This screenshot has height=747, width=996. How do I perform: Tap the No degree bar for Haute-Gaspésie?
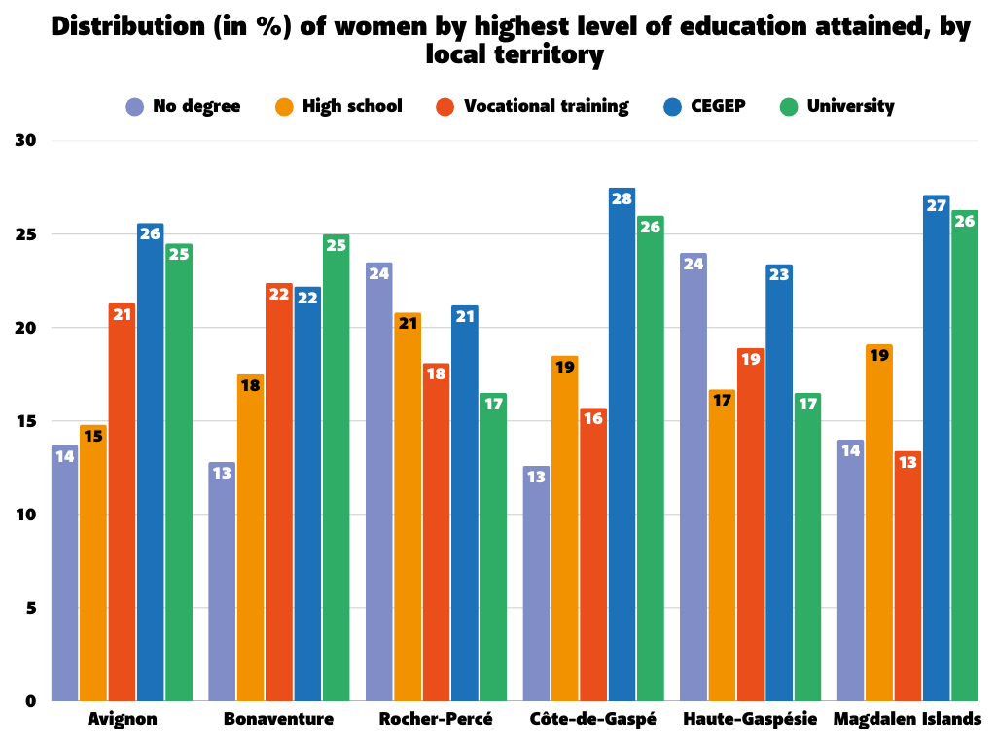[694, 477]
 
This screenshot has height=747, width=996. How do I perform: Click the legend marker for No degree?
[135, 106]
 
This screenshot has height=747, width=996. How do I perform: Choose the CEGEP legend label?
[719, 106]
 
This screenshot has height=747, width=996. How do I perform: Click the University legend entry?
[850, 106]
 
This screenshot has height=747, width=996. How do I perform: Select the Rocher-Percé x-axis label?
[436, 720]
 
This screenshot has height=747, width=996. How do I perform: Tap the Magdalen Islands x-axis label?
[907, 720]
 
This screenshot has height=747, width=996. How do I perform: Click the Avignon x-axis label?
[123, 720]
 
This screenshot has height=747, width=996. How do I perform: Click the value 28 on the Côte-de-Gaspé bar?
[622, 199]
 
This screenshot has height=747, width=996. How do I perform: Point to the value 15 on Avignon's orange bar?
[93, 436]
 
